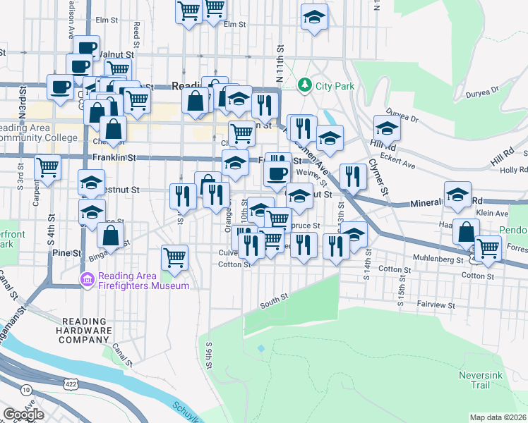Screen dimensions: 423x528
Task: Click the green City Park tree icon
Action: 305,86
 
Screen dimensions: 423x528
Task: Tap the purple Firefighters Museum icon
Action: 88,280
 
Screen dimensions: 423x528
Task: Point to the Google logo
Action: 23,415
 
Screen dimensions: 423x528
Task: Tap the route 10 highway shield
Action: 26,389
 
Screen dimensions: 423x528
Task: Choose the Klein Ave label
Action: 492,213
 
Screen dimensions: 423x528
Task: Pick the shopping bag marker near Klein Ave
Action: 466,232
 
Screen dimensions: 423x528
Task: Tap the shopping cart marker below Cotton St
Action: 174,257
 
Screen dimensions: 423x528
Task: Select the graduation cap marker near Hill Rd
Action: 387,128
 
